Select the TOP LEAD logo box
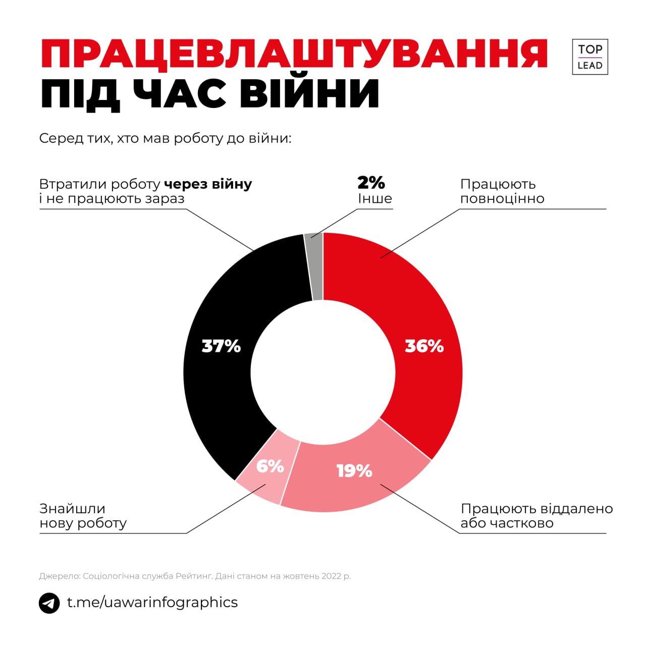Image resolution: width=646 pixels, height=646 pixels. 590,57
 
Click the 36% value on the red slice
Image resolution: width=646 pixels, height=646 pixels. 424,346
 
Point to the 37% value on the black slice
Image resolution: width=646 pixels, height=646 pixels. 221,346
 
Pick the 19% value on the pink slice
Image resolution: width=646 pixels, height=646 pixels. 354,471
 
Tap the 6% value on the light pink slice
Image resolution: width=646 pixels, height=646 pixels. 270,466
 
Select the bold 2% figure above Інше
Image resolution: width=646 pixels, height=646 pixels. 371,183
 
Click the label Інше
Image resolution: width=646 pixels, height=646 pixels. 375,198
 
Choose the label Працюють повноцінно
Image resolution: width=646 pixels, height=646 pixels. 502,191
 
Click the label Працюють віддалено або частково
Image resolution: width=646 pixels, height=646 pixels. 536,516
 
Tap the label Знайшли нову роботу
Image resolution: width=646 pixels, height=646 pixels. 83,516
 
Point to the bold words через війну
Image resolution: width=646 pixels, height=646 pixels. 208,184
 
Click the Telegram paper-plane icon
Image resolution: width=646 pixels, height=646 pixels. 49,603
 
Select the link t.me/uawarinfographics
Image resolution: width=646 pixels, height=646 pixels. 152,602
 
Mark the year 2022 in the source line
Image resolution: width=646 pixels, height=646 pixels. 332,576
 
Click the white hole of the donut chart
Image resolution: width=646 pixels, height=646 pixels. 323,372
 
